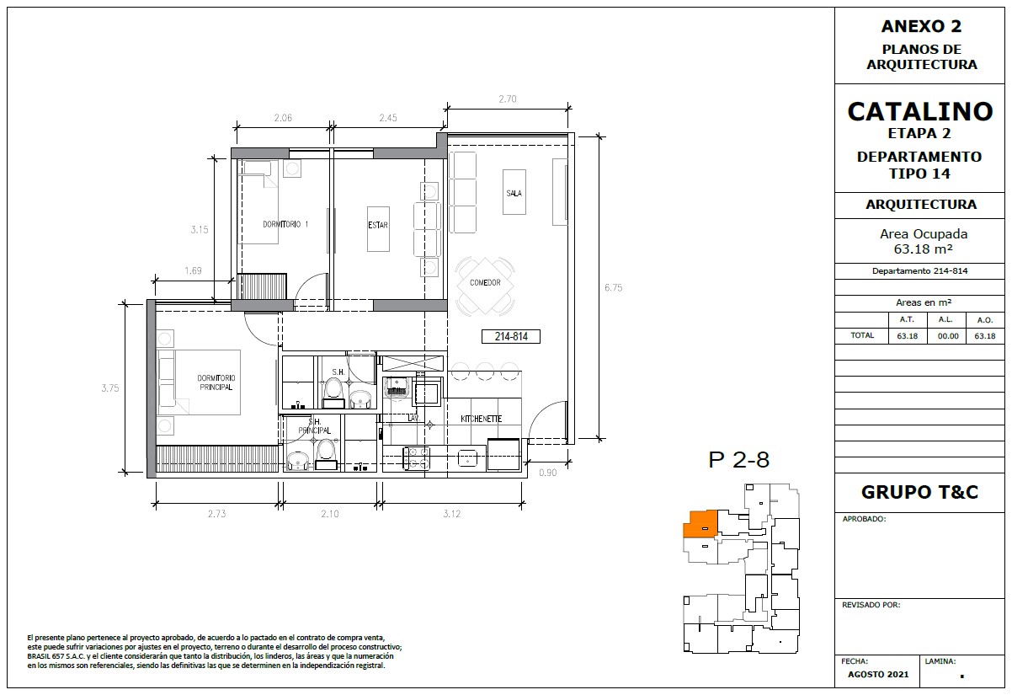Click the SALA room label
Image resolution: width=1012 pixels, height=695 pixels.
[514, 193]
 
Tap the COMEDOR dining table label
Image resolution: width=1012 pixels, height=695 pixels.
[485, 282]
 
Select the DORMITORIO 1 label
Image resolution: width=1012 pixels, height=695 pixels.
[285, 224]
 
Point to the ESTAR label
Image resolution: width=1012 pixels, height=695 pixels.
[378, 225]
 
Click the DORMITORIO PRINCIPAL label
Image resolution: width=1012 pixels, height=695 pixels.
[216, 382]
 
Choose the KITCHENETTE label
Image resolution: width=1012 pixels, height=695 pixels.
[481, 419]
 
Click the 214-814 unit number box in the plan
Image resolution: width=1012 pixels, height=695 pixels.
[511, 336]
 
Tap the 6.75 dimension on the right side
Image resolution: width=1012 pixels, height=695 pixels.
[614, 287]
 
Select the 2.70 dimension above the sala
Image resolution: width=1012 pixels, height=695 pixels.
[508, 99]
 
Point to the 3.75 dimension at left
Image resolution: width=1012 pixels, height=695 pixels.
[110, 388]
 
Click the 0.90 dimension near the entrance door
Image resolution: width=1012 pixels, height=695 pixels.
[547, 473]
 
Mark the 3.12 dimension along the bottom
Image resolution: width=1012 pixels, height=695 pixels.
[452, 514]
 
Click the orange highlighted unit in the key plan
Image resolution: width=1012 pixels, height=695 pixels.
[700, 524]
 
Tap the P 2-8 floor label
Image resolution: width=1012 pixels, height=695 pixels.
[738, 460]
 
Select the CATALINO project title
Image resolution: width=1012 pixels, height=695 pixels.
[920, 111]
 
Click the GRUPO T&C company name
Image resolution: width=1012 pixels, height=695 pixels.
[920, 492]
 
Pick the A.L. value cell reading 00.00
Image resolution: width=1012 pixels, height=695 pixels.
[948, 336]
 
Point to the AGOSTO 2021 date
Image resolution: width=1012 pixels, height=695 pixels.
[878, 674]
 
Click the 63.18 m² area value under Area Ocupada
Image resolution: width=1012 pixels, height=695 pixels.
[924, 249]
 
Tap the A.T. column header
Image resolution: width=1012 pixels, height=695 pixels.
[907, 319]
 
